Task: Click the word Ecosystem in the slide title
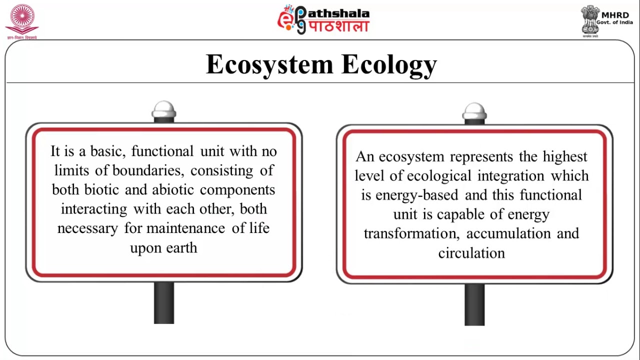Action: tap(269, 65)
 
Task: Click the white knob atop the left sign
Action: tap(164, 109)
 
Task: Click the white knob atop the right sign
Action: tap(474, 111)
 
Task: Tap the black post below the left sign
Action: tap(164, 302)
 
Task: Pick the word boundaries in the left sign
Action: tap(147, 170)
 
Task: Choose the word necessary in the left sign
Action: tap(87, 228)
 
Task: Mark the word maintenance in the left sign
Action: tap(186, 228)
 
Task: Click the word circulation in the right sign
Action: tap(471, 253)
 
